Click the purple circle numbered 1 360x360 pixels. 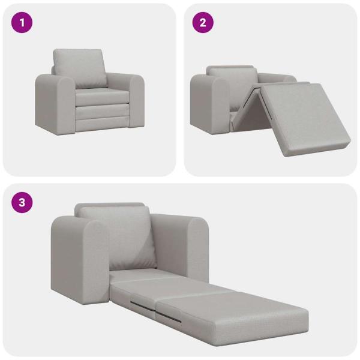tap(22, 23)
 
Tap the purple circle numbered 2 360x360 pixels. tap(203, 23)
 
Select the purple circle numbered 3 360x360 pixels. tap(22, 202)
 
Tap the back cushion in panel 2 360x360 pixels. tap(234, 78)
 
